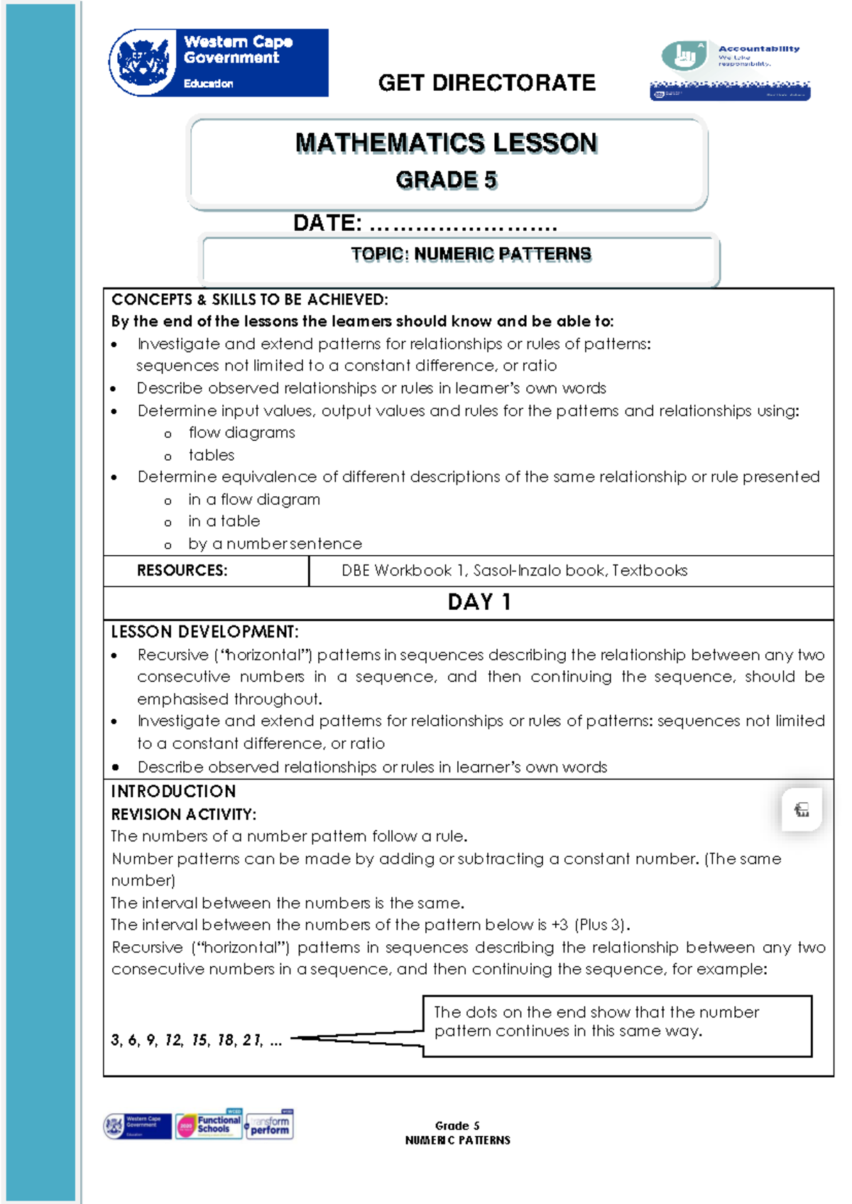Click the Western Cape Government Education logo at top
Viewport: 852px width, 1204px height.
[x=219, y=62]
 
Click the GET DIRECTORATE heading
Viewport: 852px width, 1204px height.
[x=486, y=83]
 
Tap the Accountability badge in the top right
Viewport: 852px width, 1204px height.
[x=730, y=70]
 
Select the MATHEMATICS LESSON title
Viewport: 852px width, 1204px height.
[x=447, y=143]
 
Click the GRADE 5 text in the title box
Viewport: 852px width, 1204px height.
[x=447, y=180]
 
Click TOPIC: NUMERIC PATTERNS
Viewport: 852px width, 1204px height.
[x=471, y=254]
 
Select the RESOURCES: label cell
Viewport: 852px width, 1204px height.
[x=182, y=571]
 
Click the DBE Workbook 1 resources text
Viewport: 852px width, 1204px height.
[x=514, y=571]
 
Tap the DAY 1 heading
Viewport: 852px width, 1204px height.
[x=479, y=602]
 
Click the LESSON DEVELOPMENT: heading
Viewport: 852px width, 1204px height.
[x=204, y=632]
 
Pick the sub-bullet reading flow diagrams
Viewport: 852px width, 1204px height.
[x=241, y=433]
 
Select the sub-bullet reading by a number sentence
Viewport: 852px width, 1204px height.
[x=275, y=544]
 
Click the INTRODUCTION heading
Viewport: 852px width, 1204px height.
[x=173, y=792]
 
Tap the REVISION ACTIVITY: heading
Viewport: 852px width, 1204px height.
[x=183, y=814]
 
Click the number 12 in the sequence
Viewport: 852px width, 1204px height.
[x=173, y=1041]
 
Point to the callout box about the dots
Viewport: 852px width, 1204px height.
[x=617, y=1026]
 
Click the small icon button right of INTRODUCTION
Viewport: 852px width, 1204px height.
[x=802, y=809]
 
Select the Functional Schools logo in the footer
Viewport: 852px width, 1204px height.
[x=210, y=1124]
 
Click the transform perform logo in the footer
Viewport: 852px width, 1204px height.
[x=270, y=1124]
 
